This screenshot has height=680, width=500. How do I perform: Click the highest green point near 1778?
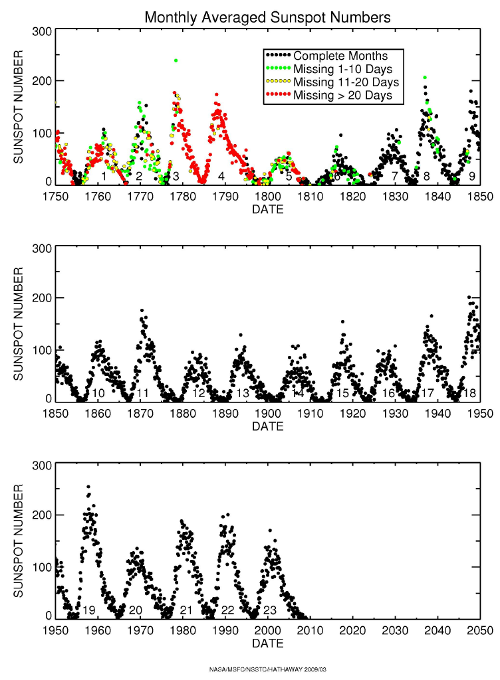click(x=176, y=60)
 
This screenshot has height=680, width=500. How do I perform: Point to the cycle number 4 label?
click(x=221, y=177)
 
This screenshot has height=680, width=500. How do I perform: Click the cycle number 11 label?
click(x=143, y=394)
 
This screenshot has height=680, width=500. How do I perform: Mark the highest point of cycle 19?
click(x=88, y=487)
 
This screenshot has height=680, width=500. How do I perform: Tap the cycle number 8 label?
click(x=426, y=177)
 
